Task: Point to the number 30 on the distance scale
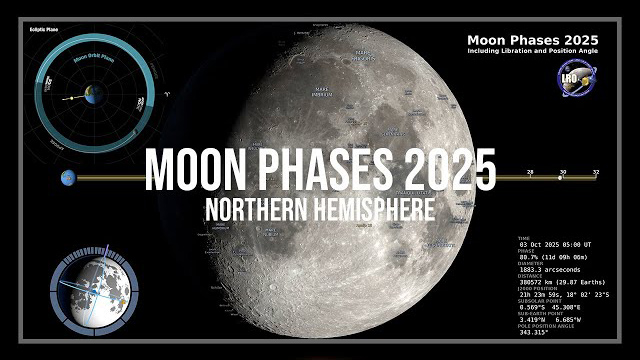tap(562, 173)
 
